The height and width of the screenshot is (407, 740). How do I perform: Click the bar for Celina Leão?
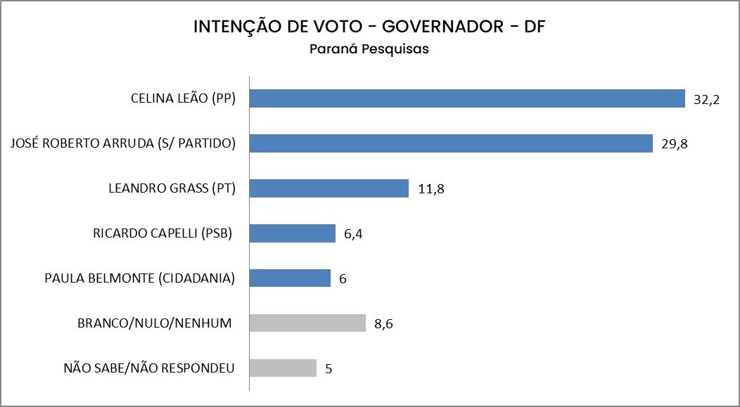(x=468, y=98)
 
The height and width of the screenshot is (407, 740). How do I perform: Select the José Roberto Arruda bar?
(x=452, y=143)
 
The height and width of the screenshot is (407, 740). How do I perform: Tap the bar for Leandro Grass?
(x=329, y=188)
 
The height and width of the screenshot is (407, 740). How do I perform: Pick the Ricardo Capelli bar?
(x=293, y=233)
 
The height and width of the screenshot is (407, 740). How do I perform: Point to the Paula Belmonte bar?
(x=291, y=278)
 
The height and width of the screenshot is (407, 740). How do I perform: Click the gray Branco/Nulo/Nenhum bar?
(x=308, y=323)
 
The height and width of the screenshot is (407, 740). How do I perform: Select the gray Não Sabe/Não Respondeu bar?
(x=283, y=368)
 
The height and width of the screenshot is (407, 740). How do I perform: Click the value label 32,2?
(x=706, y=100)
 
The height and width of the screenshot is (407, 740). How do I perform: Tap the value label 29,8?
(x=674, y=145)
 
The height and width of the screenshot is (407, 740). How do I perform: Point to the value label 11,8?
(x=430, y=189)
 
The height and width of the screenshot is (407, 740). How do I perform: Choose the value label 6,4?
(x=354, y=234)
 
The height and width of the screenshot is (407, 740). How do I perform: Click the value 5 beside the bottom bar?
(x=328, y=369)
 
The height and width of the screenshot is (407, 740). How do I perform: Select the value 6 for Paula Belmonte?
(x=343, y=279)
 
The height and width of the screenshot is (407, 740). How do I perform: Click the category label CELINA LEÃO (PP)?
(x=182, y=98)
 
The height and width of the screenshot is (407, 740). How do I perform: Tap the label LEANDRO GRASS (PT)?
(x=172, y=188)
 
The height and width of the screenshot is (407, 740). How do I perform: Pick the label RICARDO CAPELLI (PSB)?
(x=162, y=233)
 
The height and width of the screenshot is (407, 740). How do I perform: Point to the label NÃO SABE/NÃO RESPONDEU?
(x=148, y=368)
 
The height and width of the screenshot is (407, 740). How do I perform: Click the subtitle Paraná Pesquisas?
(x=369, y=50)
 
